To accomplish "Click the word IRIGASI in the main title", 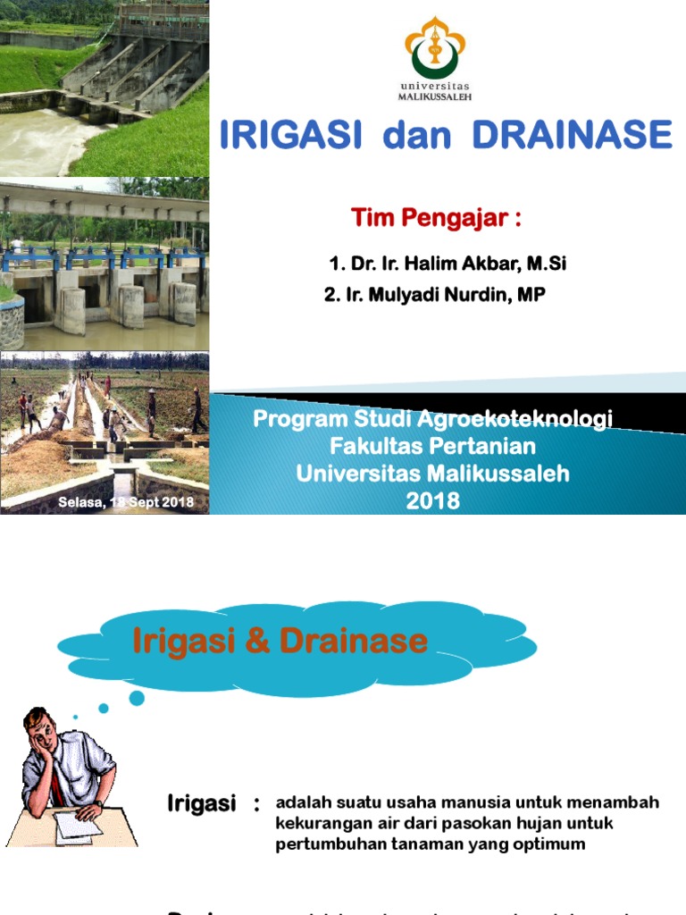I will pyautogui.click(x=290, y=135).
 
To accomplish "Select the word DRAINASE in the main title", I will pyautogui.click(x=572, y=135).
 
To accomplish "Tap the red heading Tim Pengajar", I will pyautogui.click(x=435, y=217).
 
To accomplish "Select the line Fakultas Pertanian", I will pyautogui.click(x=433, y=445).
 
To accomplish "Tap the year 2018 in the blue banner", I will pyautogui.click(x=433, y=501).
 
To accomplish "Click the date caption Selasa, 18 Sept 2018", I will pyautogui.click(x=126, y=502).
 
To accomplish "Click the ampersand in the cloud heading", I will pyautogui.click(x=258, y=641).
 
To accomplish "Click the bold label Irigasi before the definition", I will pyautogui.click(x=201, y=804).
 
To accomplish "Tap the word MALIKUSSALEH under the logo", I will pyautogui.click(x=435, y=97).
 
